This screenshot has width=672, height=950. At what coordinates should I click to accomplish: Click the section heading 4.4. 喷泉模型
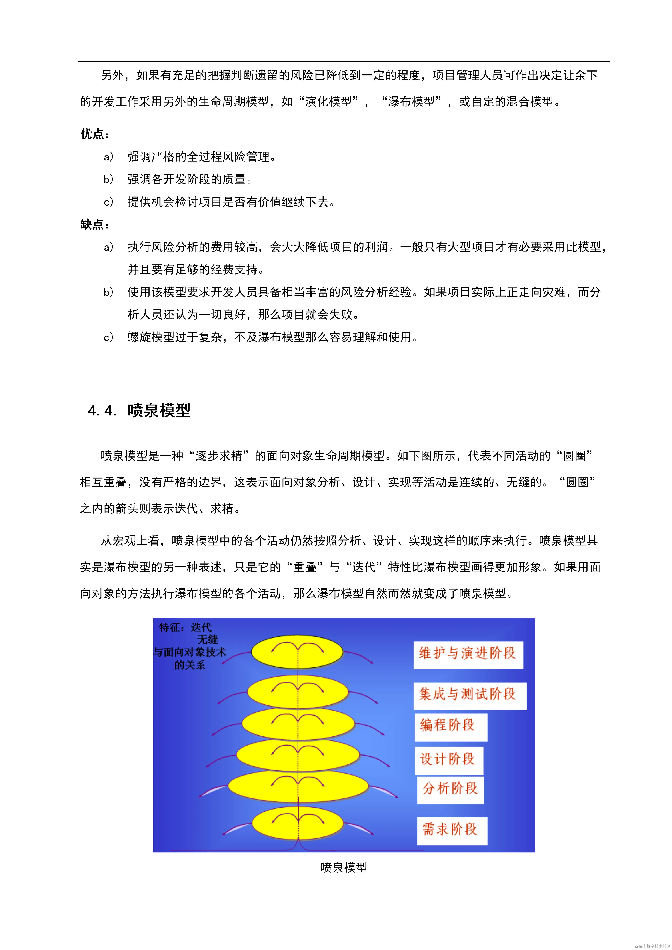(x=140, y=410)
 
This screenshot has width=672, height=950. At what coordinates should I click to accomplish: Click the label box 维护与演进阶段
(x=468, y=655)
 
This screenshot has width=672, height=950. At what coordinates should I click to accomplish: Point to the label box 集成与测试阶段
(x=470, y=696)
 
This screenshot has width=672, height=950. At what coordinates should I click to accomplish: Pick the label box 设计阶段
(x=448, y=760)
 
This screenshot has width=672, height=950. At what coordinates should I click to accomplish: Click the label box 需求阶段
(x=452, y=831)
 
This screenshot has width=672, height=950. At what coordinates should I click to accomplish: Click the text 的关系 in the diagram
(x=190, y=665)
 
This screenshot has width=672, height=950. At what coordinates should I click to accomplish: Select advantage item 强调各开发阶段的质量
(x=190, y=179)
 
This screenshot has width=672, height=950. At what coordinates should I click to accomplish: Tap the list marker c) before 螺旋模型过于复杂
(x=108, y=338)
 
